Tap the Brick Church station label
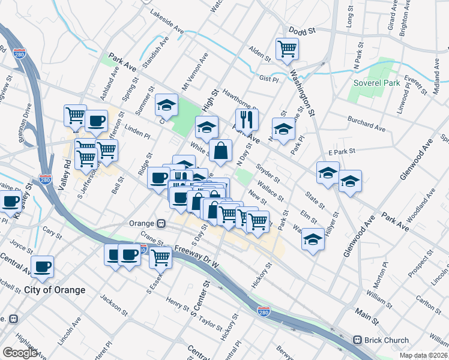point(387,340)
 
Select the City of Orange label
point(55,290)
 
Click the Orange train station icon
point(161,223)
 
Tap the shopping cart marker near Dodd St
point(287,49)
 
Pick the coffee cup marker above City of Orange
point(42,266)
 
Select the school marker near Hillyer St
point(313,239)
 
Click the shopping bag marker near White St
point(220,151)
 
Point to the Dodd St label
point(301,30)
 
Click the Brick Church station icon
point(358,340)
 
